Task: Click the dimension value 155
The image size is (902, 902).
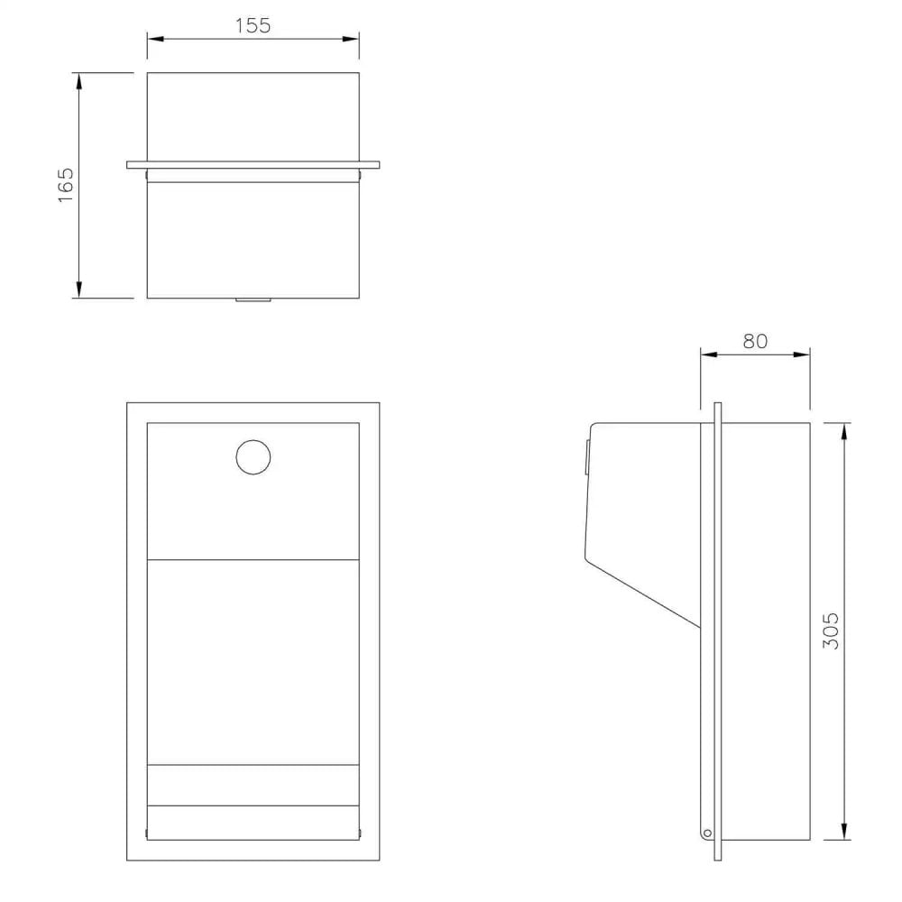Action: (253, 25)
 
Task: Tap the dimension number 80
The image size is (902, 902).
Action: (755, 341)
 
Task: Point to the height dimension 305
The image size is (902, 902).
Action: (832, 630)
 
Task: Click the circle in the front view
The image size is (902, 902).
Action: (253, 456)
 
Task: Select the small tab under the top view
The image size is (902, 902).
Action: (253, 300)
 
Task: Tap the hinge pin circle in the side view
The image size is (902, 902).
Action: (707, 832)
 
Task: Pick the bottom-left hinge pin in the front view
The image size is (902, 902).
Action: (145, 832)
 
